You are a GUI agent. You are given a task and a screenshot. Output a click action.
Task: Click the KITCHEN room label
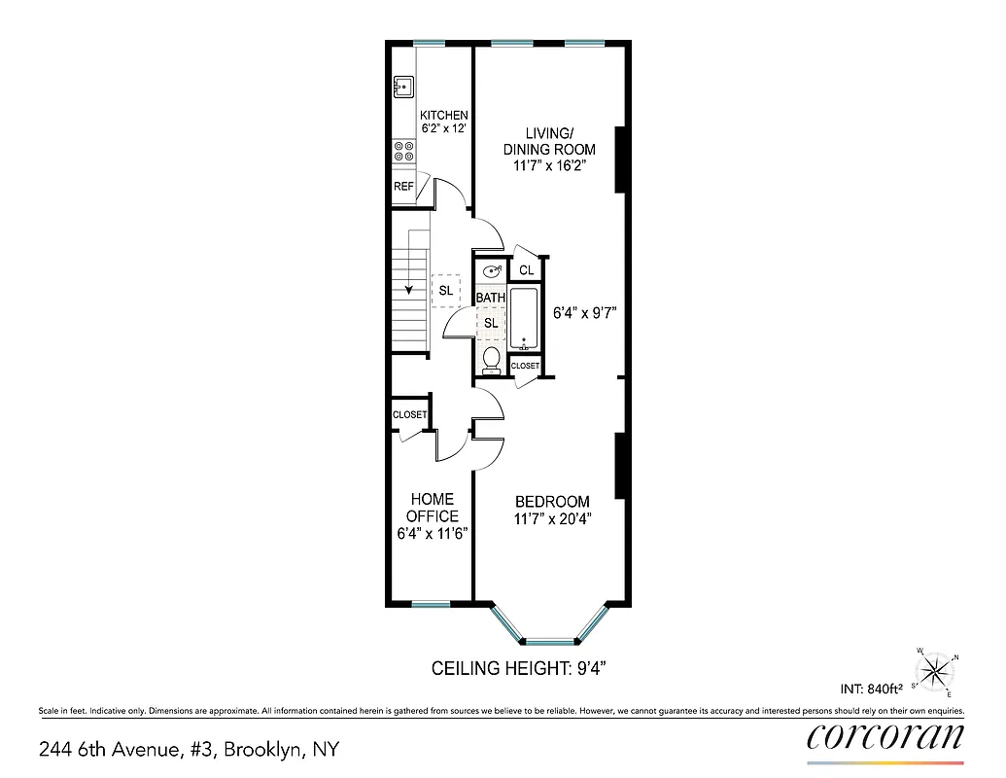tap(444, 115)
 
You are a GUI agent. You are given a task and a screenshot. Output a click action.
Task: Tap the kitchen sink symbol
tap(403, 88)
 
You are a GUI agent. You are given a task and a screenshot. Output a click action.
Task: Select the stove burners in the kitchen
tap(403, 152)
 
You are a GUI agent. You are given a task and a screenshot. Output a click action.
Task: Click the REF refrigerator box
tap(403, 187)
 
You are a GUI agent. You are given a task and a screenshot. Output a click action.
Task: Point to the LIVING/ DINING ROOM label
tap(548, 142)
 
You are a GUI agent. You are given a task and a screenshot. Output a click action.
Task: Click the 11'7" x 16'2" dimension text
tap(548, 166)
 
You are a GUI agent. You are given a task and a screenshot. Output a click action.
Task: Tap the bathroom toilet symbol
tap(491, 359)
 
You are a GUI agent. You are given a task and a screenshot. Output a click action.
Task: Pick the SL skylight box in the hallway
tap(445, 290)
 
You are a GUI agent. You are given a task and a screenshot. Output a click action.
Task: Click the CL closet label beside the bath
tap(526, 270)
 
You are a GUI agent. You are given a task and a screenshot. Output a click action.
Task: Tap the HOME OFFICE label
tap(432, 508)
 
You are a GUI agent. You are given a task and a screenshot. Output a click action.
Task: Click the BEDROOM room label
tap(552, 502)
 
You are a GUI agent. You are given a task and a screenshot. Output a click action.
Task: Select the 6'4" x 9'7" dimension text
tap(585, 313)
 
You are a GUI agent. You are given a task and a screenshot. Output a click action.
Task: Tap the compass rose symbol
tap(935, 670)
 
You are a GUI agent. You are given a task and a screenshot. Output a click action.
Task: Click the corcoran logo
tap(885, 736)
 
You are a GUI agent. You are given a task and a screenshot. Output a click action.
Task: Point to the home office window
tap(431, 604)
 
